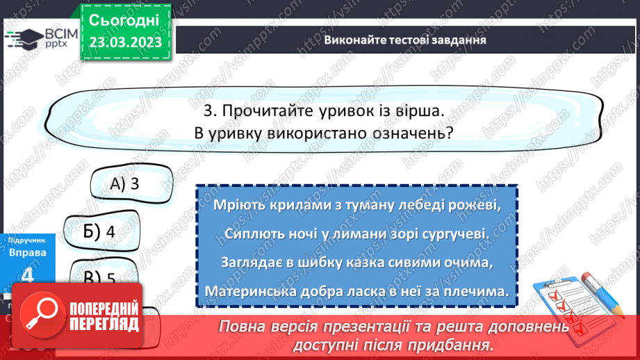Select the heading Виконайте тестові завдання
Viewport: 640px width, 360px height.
405,40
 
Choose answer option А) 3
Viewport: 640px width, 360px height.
126,184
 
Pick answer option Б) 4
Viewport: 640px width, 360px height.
97,231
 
